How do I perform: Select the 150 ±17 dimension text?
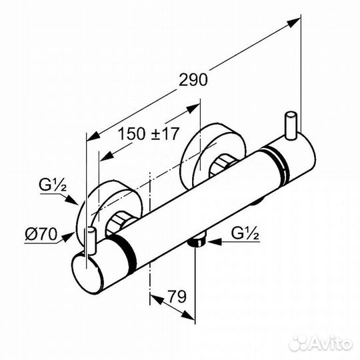[148, 133]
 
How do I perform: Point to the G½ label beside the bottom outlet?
[245, 233]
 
